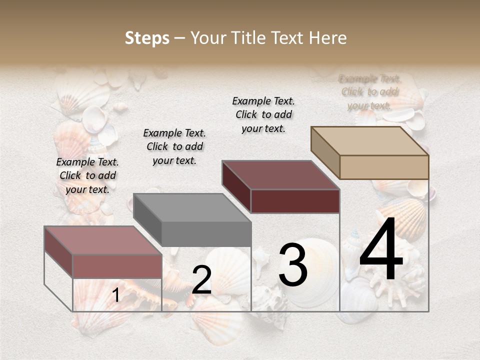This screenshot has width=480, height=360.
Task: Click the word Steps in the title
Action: [147, 38]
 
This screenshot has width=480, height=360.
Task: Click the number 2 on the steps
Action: [201, 280]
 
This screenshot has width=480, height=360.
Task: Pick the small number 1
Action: [116, 295]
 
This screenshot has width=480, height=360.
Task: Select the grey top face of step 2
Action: [192, 208]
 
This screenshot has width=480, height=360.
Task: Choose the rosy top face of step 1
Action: [103, 240]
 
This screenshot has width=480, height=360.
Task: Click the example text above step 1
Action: [87, 175]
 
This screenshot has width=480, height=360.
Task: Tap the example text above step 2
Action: [174, 146]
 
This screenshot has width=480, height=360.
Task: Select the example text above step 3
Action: [263, 114]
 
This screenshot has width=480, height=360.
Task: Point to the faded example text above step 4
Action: [370, 92]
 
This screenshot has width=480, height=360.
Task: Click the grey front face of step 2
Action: [206, 234]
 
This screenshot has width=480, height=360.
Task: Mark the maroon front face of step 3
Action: [295, 201]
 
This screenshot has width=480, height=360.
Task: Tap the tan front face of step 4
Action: [384, 167]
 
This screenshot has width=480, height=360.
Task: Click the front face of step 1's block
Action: [117, 266]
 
